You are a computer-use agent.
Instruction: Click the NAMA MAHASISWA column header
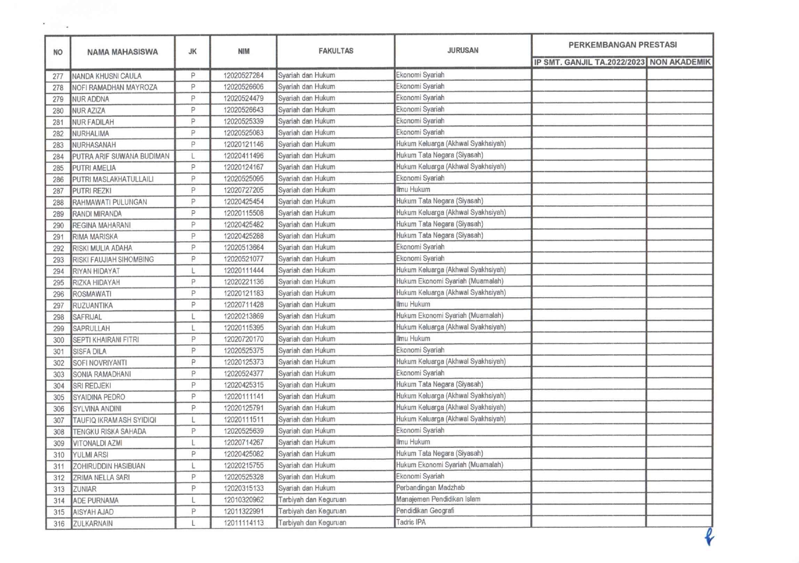point(122,52)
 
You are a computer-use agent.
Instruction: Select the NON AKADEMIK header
point(679,62)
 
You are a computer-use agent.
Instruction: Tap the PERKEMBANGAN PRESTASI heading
point(622,45)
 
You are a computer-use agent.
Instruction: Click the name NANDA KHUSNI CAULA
point(107,76)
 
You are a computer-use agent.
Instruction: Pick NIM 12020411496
point(244,156)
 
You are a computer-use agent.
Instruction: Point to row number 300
point(58,340)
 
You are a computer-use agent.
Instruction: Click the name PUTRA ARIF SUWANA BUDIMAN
point(120,156)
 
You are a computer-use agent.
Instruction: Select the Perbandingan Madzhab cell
point(430,488)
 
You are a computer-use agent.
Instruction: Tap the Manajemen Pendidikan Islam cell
point(438,499)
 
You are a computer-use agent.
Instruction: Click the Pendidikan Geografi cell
point(425,511)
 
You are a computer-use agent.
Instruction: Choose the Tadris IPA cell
point(411,522)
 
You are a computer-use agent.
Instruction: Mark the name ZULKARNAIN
point(93,524)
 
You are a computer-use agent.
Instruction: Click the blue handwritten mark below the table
point(709,537)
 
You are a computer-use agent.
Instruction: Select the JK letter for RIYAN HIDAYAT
point(193,271)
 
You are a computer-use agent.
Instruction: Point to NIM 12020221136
point(244,282)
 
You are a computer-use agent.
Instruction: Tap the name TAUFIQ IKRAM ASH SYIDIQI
point(114,420)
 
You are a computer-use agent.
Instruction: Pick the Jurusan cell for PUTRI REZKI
point(413,190)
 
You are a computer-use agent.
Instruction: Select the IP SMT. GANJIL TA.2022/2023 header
point(589,62)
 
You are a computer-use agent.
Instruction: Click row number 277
point(58,76)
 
